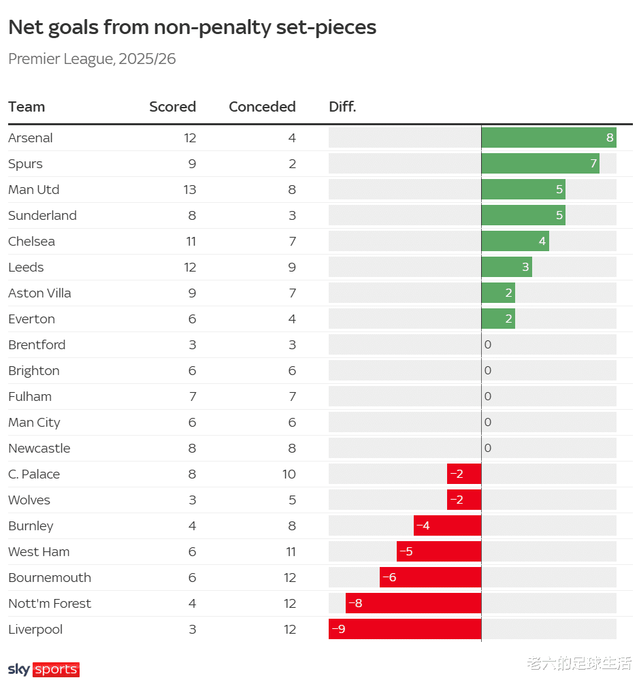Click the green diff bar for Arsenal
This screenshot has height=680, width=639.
tap(548, 137)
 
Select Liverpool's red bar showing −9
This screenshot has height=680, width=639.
tap(405, 629)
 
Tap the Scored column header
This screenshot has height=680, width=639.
tap(172, 107)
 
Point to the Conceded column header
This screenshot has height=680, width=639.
tap(262, 107)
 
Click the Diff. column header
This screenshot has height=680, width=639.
tap(342, 107)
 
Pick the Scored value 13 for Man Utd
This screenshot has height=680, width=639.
tap(189, 189)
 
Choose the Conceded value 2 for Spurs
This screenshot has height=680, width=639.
tap(292, 163)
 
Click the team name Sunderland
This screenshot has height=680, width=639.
tap(42, 215)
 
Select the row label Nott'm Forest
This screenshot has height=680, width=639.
tap(50, 603)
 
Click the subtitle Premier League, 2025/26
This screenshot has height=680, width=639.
tap(92, 59)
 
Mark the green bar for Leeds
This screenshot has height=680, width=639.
tap(506, 267)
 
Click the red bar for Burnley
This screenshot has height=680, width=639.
tap(447, 525)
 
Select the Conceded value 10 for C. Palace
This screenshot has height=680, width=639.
tap(289, 474)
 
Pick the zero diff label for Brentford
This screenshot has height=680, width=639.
tap(487, 344)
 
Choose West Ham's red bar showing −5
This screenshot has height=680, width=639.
tap(439, 551)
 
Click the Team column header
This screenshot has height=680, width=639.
tap(27, 107)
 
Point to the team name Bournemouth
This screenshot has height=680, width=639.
tap(50, 577)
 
